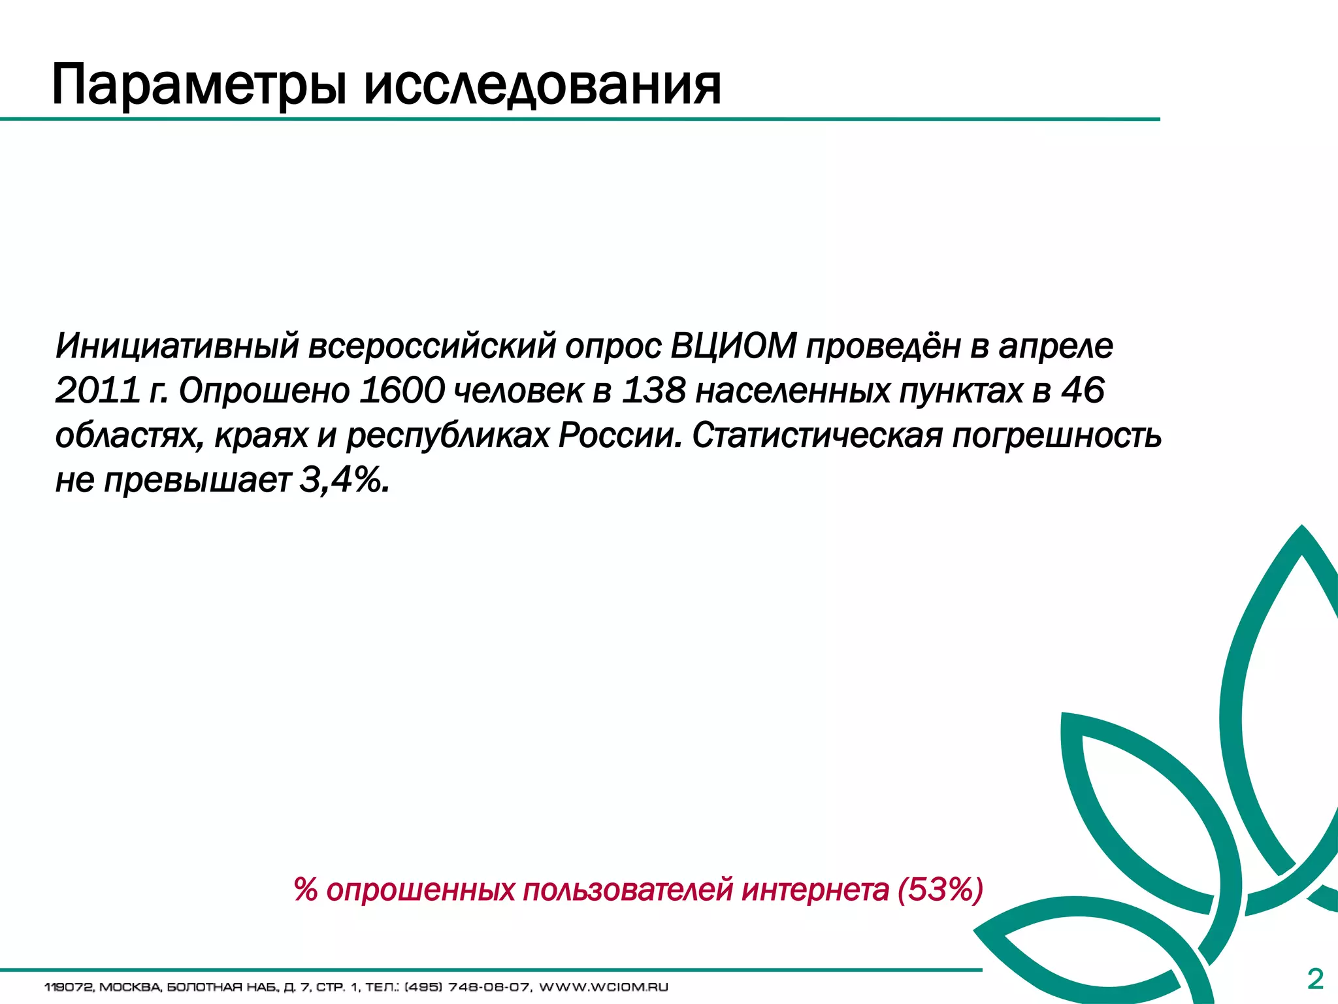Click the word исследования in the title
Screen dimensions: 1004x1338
coord(542,86)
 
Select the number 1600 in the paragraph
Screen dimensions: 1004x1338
coord(401,390)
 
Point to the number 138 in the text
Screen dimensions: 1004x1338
coord(653,390)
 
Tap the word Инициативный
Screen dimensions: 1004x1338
coord(177,346)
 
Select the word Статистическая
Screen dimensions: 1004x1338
coord(817,435)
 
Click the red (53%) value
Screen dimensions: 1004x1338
coord(940,890)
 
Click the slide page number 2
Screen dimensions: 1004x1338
coord(1315,979)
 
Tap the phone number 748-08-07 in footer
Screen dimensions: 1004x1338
coord(489,987)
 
